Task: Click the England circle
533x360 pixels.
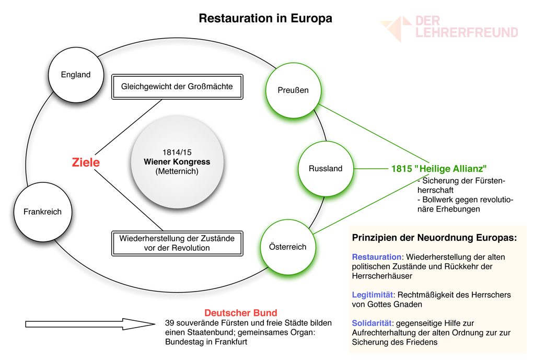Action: click(76, 75)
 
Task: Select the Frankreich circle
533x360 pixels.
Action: click(42, 212)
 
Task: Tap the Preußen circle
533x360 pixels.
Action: click(293, 90)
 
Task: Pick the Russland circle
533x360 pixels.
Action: click(326, 168)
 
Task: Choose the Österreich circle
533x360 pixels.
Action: click(287, 247)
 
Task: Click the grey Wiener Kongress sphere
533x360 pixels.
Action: click(177, 162)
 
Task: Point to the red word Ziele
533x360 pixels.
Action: click(86, 162)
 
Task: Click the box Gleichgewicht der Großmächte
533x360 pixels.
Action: click(177, 86)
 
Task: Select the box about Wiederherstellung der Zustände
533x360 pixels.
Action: click(177, 243)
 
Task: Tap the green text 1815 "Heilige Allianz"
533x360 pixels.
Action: click(439, 169)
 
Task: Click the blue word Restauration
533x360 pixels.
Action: click(376, 257)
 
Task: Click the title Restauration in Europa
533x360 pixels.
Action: click(265, 18)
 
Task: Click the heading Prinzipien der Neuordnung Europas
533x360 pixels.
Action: click(434, 237)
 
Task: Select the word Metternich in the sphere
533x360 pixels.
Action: click(177, 171)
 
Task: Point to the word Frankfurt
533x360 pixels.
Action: click(228, 342)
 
